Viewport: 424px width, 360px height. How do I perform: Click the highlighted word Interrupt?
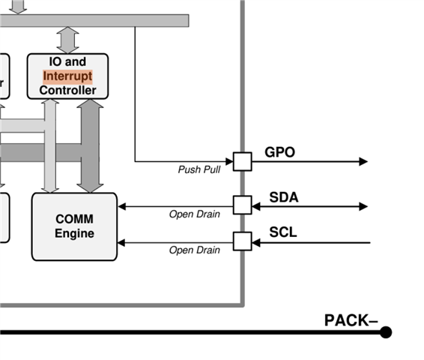point(67,76)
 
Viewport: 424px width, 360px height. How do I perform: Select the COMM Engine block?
point(74,226)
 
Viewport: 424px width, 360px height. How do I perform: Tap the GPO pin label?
point(279,152)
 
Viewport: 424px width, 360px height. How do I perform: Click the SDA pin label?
point(284,197)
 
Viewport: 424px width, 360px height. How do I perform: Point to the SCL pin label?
point(283,232)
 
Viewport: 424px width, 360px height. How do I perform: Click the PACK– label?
point(351,320)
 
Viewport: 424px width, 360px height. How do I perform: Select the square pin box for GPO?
point(243,161)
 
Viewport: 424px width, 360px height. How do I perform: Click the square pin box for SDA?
point(243,205)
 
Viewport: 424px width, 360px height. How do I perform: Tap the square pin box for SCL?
point(243,241)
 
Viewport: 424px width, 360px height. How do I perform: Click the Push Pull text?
point(199,169)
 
